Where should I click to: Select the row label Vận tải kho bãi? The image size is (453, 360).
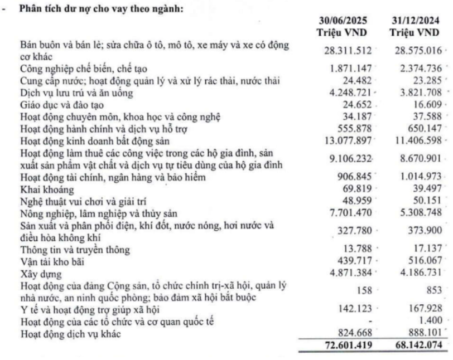(47, 264)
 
